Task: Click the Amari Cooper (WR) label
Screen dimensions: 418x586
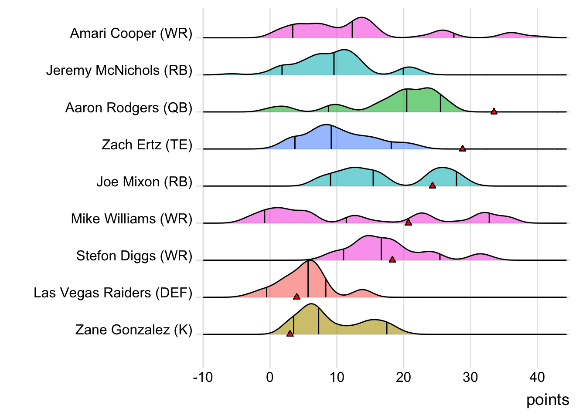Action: [131, 34]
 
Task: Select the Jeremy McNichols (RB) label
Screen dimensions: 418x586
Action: [119, 71]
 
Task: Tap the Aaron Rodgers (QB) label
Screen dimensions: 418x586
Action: [129, 108]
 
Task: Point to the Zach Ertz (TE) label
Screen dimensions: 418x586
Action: [147, 145]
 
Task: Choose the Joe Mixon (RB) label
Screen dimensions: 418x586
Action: [144, 182]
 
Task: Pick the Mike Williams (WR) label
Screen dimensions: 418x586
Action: [132, 219]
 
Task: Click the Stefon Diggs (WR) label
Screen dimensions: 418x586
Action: [134, 256]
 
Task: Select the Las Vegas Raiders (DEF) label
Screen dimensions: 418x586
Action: [113, 293]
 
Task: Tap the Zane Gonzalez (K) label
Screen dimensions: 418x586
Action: [134, 330]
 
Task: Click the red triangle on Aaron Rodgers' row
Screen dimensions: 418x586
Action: [494, 111]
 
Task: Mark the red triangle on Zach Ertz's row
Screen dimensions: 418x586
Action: [462, 148]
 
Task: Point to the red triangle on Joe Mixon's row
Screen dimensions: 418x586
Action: [432, 185]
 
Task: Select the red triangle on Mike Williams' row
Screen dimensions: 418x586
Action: [408, 222]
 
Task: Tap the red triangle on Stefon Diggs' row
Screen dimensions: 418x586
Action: [392, 260]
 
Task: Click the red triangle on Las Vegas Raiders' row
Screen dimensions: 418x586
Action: [296, 297]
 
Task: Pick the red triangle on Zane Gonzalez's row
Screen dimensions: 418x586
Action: [290, 334]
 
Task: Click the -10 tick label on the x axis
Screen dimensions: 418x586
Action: [203, 377]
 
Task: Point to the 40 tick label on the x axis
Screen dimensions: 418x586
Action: [537, 377]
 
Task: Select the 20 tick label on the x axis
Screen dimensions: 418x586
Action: [403, 377]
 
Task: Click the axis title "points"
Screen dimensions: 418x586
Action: [548, 400]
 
